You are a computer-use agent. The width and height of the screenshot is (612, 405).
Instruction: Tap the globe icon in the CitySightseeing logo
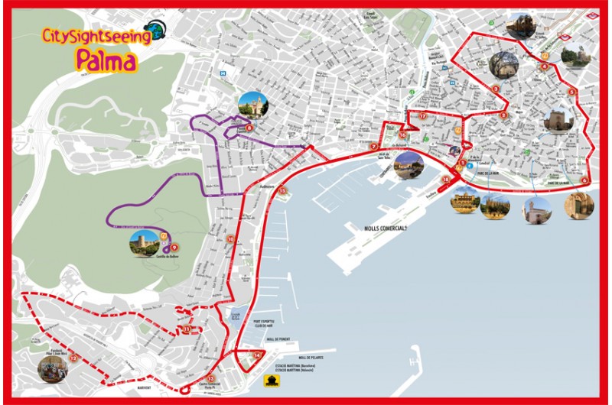tap(155, 29)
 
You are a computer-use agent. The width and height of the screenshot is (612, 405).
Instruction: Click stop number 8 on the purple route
tap(249, 128)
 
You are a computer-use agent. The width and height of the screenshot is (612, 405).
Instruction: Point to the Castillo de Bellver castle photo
tap(144, 243)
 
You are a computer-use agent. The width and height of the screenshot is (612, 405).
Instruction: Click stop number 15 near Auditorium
tap(282, 190)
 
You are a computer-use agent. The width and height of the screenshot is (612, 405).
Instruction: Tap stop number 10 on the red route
tap(230, 239)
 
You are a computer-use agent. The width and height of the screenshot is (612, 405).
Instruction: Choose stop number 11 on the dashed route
tap(187, 329)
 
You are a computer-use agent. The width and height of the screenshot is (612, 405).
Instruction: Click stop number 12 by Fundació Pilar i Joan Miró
tap(73, 357)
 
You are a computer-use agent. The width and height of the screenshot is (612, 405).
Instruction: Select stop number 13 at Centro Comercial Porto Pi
tap(210, 378)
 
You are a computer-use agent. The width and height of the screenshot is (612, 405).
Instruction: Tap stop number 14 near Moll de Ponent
tap(258, 355)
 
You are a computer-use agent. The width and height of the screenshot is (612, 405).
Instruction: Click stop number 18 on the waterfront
tap(447, 180)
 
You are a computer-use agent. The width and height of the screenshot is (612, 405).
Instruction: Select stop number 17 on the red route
tap(422, 116)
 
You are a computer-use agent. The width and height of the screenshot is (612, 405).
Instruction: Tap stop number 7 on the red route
tap(373, 147)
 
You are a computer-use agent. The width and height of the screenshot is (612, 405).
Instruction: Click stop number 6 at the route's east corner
tap(584, 180)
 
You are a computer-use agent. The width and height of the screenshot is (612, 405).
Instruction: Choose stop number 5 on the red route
tap(571, 92)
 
